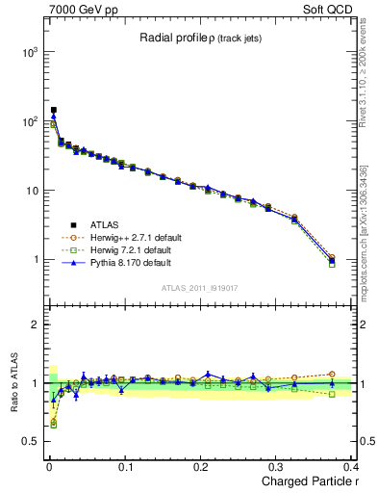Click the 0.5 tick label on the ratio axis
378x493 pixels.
[30, 441]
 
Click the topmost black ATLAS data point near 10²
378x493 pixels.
[54, 111]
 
